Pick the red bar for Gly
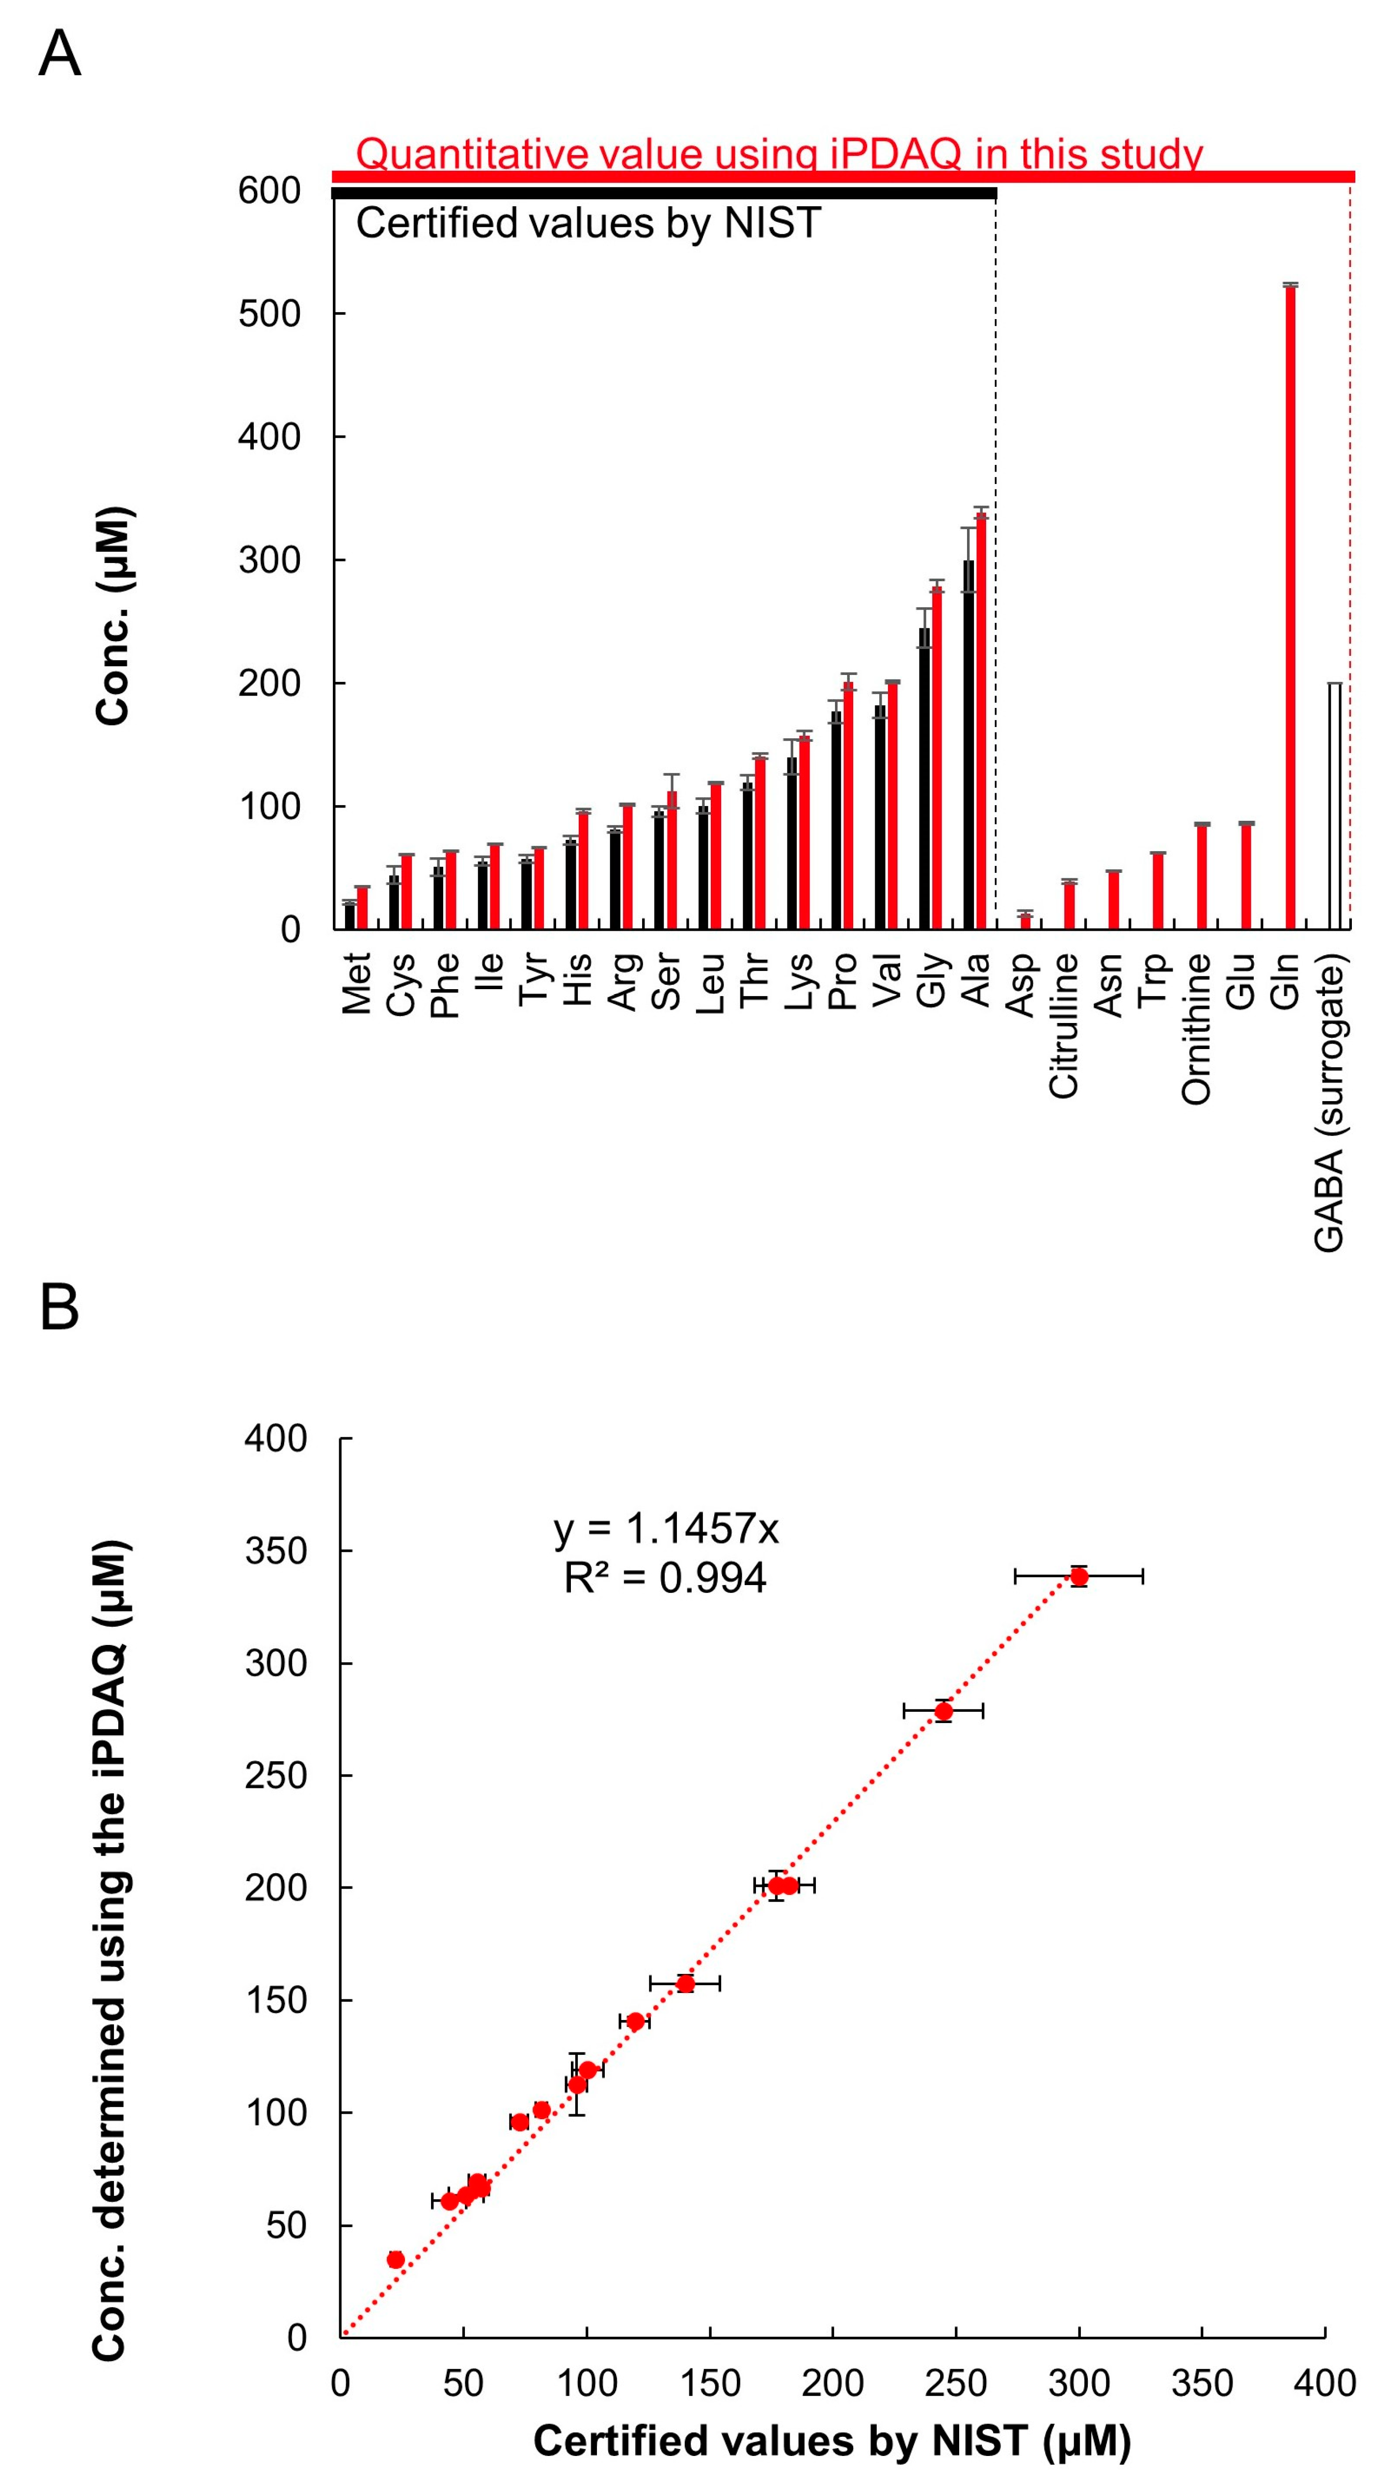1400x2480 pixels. pyautogui.click(x=937, y=756)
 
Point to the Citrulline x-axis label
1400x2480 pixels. pyautogui.click(x=1064, y=1025)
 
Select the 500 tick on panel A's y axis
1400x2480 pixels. pyautogui.click(x=269, y=314)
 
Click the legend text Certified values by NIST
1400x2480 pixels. pyautogui.click(x=588, y=223)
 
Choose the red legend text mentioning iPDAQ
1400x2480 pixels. pyautogui.click(x=778, y=154)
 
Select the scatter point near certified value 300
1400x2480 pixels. pyautogui.click(x=1079, y=1576)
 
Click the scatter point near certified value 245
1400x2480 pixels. pyautogui.click(x=943, y=1711)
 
